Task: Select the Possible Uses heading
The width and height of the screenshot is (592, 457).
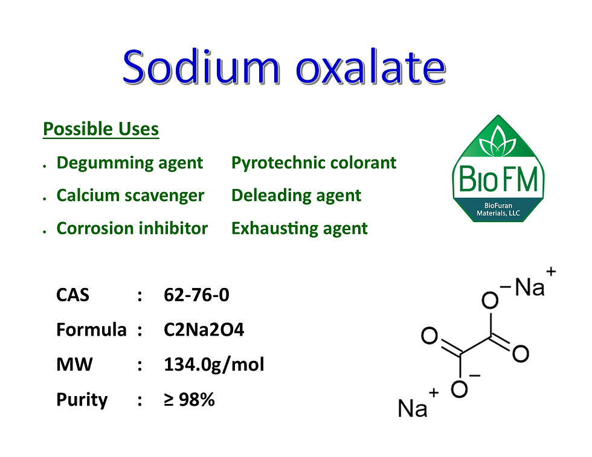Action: pyautogui.click(x=101, y=129)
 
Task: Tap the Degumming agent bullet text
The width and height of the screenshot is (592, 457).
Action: pyautogui.click(x=130, y=163)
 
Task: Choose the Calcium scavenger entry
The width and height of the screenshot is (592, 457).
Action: pyautogui.click(x=130, y=196)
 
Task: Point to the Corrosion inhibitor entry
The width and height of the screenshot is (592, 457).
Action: pyautogui.click(x=132, y=228)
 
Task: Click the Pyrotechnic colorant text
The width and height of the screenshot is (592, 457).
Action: pyautogui.click(x=314, y=163)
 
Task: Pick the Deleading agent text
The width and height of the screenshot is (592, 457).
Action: pyautogui.click(x=296, y=196)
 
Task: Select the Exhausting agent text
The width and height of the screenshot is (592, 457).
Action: pyautogui.click(x=299, y=228)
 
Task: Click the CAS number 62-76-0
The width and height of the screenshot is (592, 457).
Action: pyautogui.click(x=196, y=295)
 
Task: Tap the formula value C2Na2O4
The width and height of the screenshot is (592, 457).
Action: pyautogui.click(x=204, y=330)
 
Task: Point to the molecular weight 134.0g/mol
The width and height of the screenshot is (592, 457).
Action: pyautogui.click(x=214, y=365)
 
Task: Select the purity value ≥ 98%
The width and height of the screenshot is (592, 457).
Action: pyautogui.click(x=189, y=399)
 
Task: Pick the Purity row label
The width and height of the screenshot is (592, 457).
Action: pyautogui.click(x=82, y=400)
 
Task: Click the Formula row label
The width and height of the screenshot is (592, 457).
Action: pyautogui.click(x=91, y=330)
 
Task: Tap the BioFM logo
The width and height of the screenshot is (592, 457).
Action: pyautogui.click(x=498, y=169)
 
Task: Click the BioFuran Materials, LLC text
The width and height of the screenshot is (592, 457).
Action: pyautogui.click(x=498, y=209)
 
